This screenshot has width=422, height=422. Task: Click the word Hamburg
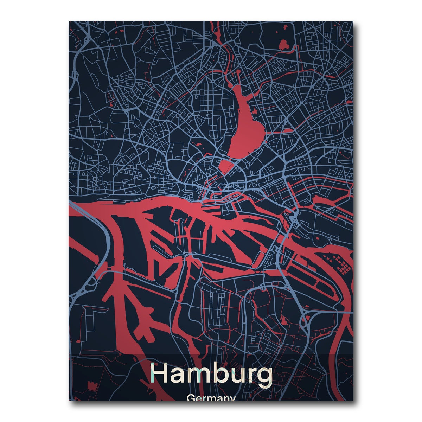point(211,374)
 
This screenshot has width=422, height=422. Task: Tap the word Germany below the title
point(211,398)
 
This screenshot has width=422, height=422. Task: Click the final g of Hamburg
point(263,376)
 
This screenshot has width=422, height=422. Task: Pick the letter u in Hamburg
point(236,375)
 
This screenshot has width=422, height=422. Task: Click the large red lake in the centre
point(246,123)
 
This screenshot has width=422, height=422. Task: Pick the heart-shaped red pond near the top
point(283,44)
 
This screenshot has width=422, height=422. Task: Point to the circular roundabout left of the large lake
point(214,81)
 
